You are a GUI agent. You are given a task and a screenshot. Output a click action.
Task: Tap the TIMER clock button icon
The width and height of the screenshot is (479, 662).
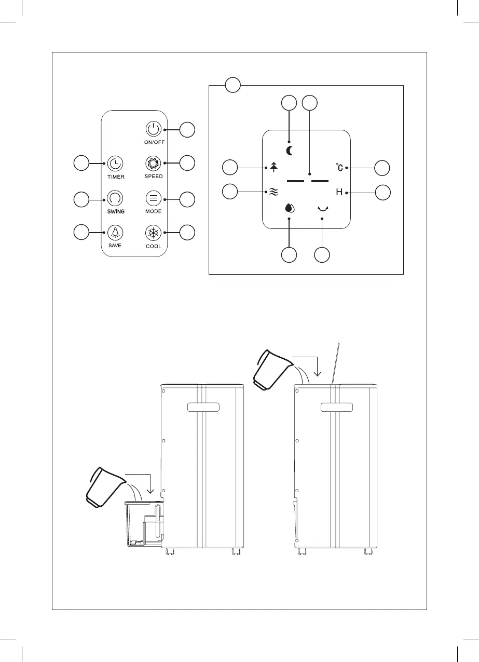pyautogui.click(x=115, y=164)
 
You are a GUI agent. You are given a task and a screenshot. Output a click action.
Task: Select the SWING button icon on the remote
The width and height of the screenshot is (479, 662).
pyautogui.click(x=115, y=198)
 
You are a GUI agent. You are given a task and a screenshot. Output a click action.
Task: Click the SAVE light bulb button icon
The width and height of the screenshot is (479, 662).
pyautogui.click(x=115, y=232)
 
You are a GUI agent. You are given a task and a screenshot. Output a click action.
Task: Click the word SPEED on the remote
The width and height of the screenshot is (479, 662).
pyautogui.click(x=154, y=177)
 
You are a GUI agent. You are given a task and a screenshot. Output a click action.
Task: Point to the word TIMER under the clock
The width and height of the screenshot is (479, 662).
pyautogui.click(x=116, y=177)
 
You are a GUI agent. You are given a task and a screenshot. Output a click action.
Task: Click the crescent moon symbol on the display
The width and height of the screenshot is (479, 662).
pyautogui.click(x=289, y=151)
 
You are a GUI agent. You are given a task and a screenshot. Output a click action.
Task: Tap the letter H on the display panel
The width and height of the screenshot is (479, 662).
pyautogui.click(x=339, y=193)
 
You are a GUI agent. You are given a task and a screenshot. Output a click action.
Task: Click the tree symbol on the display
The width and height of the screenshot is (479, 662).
pyautogui.click(x=274, y=167)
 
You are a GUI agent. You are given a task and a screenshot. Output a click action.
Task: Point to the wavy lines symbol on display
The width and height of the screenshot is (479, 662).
pyautogui.click(x=274, y=193)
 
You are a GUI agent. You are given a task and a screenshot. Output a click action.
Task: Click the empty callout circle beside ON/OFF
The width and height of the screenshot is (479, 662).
pyautogui.click(x=188, y=129)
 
